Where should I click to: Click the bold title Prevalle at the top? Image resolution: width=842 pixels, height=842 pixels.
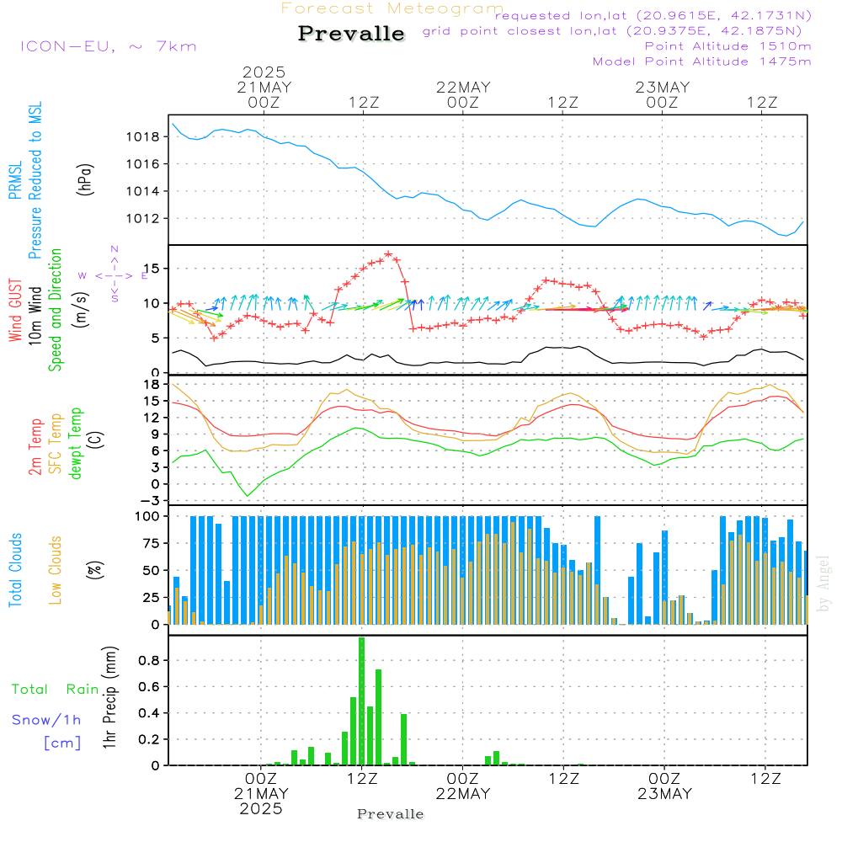351,34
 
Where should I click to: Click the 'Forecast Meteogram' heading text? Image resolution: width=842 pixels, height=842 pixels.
392,8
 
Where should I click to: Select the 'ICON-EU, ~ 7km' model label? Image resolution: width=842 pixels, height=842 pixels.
108,45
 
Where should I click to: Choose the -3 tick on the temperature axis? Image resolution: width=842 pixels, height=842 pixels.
152,500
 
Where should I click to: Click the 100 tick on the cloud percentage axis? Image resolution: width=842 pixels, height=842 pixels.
147,515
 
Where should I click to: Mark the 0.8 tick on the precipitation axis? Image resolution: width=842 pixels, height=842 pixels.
150,661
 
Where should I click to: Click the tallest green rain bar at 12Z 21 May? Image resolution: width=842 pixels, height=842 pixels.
361,701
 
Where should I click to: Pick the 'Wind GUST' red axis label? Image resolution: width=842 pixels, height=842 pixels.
15,312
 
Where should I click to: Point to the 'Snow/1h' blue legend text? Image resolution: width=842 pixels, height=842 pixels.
47,719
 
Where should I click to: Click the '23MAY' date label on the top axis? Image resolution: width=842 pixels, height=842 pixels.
663,87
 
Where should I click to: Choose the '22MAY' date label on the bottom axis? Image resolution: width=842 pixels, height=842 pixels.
463,793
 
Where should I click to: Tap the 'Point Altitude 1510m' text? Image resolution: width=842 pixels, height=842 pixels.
727,45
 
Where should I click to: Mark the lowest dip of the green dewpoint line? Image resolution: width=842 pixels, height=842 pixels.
248,495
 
